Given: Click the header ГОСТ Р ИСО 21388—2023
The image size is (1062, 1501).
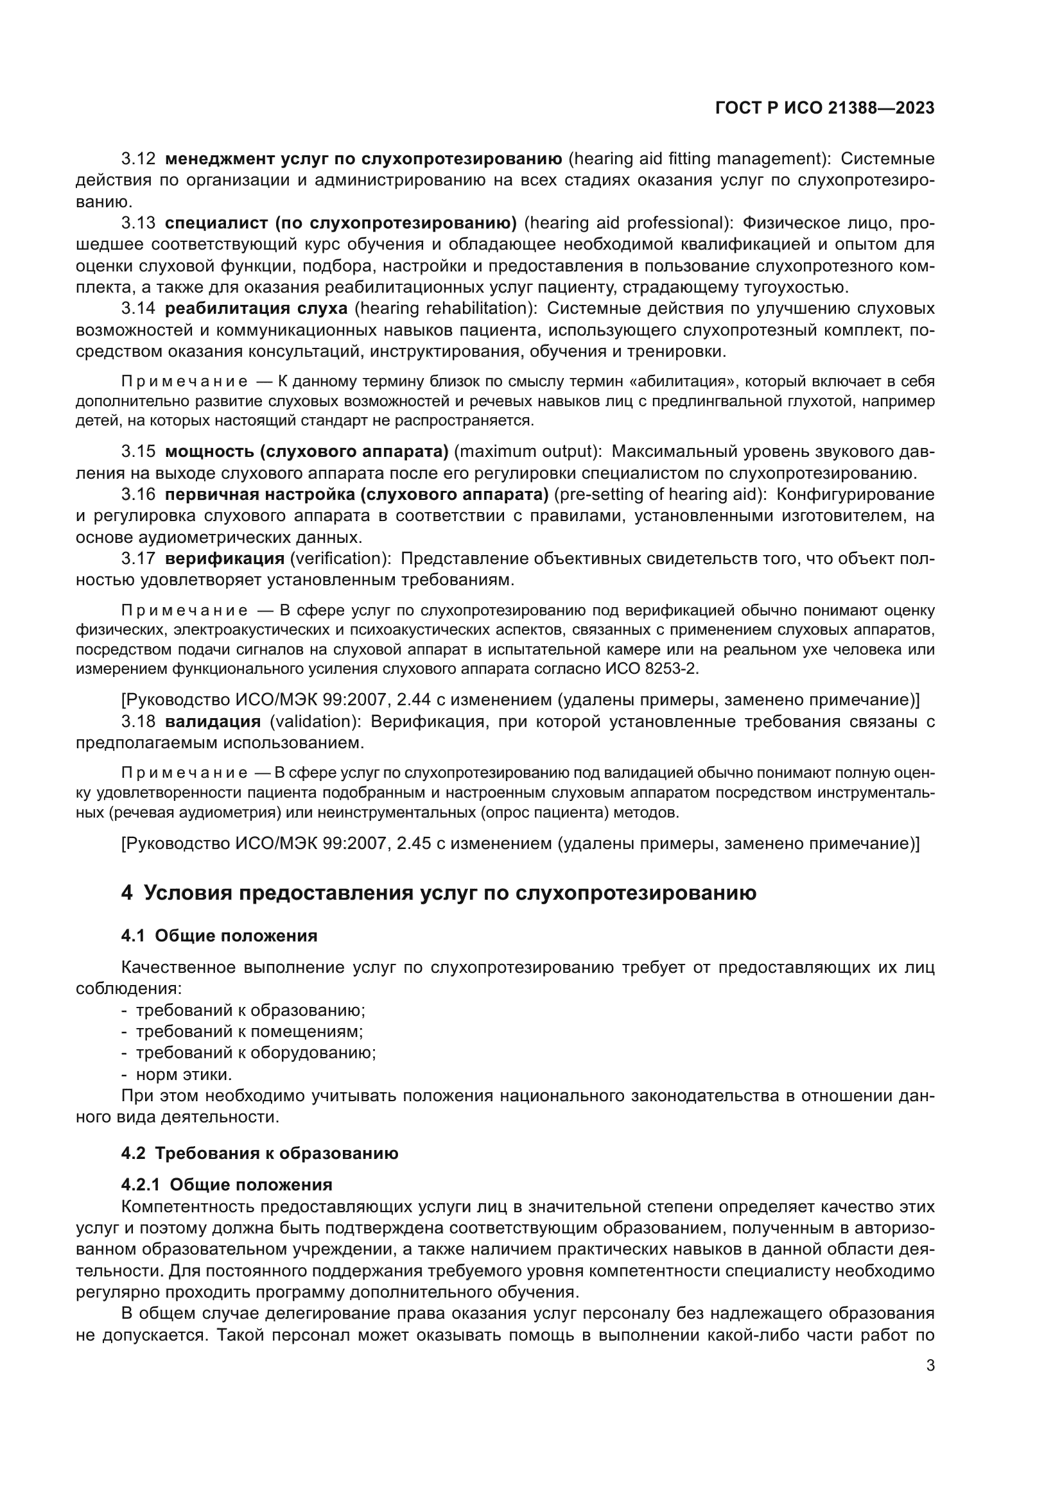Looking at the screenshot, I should [x=824, y=108].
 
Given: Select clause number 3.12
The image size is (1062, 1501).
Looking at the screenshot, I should [x=138, y=159].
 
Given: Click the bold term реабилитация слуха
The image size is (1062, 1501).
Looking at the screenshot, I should [x=256, y=308].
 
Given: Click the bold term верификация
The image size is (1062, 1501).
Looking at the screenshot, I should [x=224, y=558].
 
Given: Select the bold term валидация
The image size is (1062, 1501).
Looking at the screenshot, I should [x=213, y=721].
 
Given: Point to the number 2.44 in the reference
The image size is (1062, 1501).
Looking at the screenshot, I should [x=413, y=700].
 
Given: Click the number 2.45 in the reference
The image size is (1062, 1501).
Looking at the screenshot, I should [x=413, y=843].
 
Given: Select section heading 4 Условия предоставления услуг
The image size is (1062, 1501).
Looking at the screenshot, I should [x=438, y=893].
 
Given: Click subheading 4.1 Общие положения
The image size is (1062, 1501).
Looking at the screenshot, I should [x=219, y=936].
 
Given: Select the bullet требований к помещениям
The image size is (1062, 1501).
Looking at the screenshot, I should [x=248, y=1032].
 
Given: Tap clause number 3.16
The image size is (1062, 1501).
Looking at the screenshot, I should [x=138, y=494].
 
